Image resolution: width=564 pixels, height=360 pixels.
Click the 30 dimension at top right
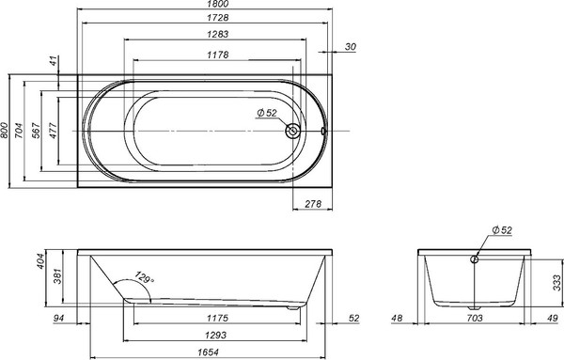(x=351, y=47)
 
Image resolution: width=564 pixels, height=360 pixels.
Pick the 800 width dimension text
(x=7, y=130)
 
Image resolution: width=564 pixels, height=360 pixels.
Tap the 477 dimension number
(x=53, y=130)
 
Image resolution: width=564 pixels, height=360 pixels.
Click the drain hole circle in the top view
(x=295, y=132)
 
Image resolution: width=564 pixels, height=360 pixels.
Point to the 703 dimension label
(x=475, y=319)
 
